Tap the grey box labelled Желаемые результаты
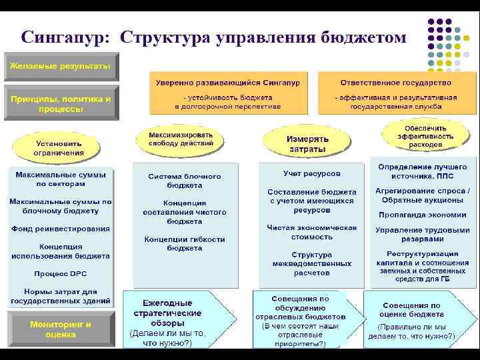pos(61,67)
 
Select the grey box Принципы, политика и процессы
pos(61,103)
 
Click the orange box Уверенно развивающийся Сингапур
pos(227,93)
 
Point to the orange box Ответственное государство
pos(395,93)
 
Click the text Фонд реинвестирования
pos(60,229)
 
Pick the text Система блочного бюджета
pos(185,181)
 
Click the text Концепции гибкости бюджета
pos(184,243)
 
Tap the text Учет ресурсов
pos(311,173)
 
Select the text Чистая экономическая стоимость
pos(311,231)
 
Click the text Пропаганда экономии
pos(422,215)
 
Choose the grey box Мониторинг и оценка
pos(61,329)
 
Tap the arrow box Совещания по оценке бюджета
pos(415,319)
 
